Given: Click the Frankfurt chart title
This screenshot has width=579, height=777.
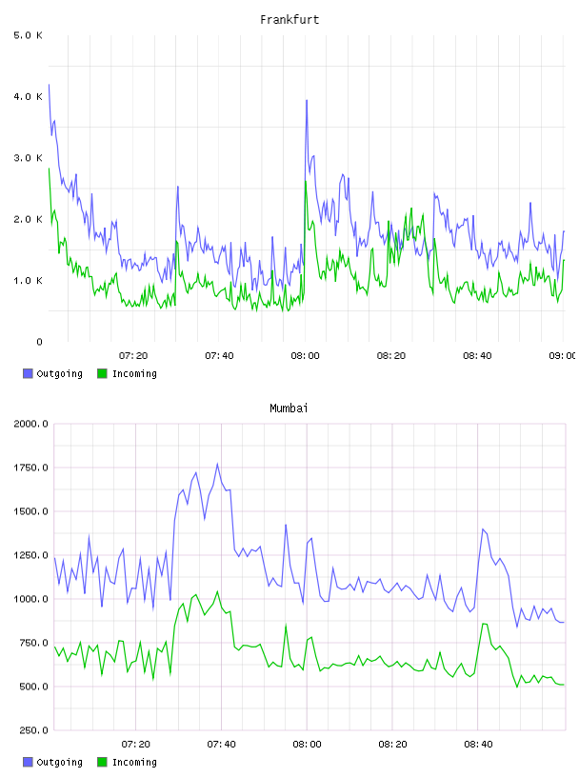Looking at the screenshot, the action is pyautogui.click(x=289, y=20).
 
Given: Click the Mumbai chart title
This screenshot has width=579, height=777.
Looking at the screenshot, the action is pyautogui.click(x=289, y=408).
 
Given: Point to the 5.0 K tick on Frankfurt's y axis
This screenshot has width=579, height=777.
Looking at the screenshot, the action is pyautogui.click(x=28, y=35).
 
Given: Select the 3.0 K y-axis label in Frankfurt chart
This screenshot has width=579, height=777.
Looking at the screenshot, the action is pyautogui.click(x=28, y=158).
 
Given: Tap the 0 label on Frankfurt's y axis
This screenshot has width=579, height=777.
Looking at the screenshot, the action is pyautogui.click(x=39, y=342).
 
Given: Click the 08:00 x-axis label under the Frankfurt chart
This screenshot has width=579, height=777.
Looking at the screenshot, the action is pyautogui.click(x=306, y=356).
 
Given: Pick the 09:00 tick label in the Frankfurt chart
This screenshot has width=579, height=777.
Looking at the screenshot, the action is pyautogui.click(x=563, y=356).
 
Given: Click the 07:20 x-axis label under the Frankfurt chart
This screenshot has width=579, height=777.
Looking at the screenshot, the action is pyautogui.click(x=133, y=356).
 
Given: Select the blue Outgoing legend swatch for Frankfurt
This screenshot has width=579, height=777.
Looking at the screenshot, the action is pyautogui.click(x=28, y=373).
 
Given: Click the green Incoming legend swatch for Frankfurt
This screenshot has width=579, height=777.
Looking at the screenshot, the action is pyautogui.click(x=102, y=373).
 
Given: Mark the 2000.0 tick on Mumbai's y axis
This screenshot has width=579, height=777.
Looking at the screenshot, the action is pyautogui.click(x=30, y=424).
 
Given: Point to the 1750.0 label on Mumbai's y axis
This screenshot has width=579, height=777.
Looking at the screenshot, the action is pyautogui.click(x=30, y=468).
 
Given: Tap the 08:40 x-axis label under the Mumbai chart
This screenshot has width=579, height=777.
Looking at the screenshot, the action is pyautogui.click(x=478, y=745).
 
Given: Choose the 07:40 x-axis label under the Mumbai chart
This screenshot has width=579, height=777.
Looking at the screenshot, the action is pyautogui.click(x=221, y=745).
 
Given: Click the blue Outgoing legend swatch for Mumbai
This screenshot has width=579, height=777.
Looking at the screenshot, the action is pyautogui.click(x=28, y=762).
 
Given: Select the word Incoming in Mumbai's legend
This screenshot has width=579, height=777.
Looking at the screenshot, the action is pyautogui.click(x=134, y=763).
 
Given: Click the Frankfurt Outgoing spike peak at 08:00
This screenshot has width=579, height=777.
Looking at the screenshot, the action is pyautogui.click(x=307, y=101).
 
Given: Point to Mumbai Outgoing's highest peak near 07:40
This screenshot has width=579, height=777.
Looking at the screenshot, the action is pyautogui.click(x=217, y=465).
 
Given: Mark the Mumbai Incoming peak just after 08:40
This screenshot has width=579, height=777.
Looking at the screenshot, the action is pyautogui.click(x=485, y=624).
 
